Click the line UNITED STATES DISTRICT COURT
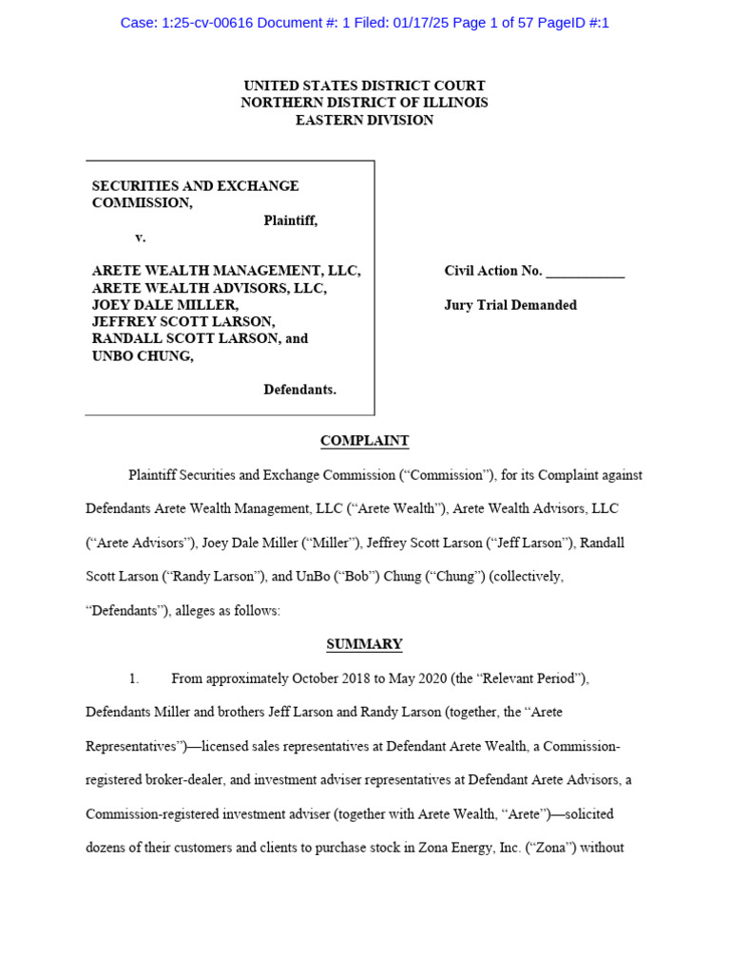click(x=364, y=86)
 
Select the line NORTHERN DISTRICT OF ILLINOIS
click(x=364, y=103)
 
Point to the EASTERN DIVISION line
click(x=364, y=120)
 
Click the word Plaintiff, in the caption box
click(x=290, y=220)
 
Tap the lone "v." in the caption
click(x=141, y=238)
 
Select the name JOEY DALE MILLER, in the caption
click(x=165, y=305)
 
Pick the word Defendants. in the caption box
click(x=299, y=390)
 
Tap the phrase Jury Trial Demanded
click(x=510, y=305)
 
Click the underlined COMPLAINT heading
click(x=364, y=441)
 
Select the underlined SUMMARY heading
click(x=364, y=644)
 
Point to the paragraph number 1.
click(x=134, y=678)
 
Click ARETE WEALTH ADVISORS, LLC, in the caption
click(x=209, y=288)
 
